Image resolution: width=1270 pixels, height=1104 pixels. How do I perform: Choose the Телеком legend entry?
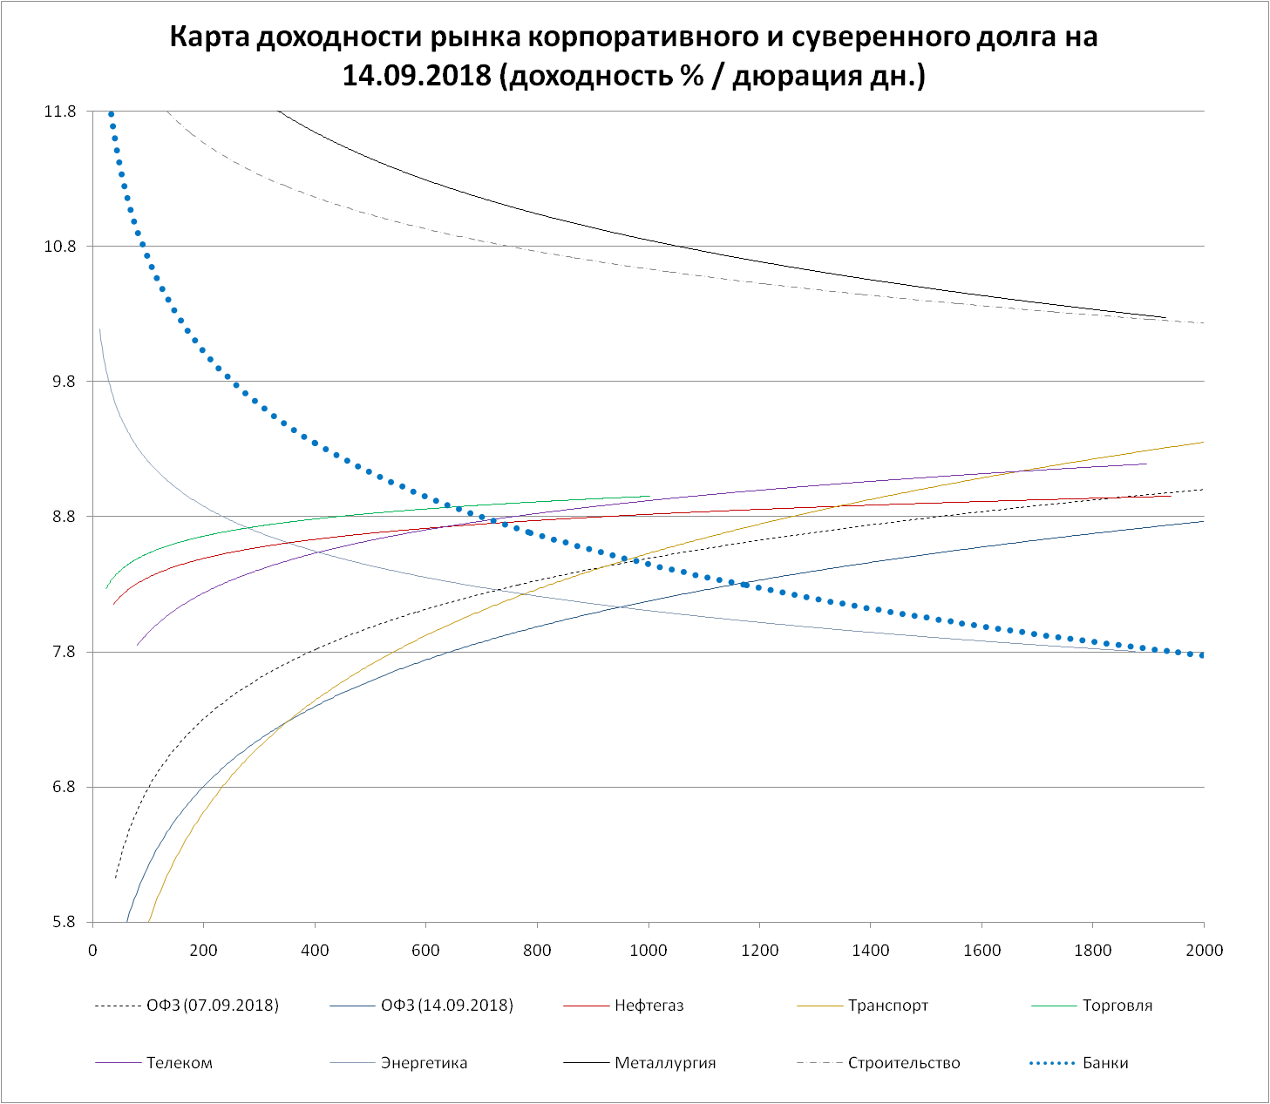pos(179,1063)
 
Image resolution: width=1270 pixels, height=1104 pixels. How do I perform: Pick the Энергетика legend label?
pos(424,1063)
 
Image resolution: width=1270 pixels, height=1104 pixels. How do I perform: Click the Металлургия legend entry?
pos(664,1063)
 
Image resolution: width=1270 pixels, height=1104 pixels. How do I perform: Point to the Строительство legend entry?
pos(903,1063)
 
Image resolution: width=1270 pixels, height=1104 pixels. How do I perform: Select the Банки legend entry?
pos(1104,1063)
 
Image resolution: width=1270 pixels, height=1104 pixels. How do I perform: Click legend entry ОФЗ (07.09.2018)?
pos(212,1006)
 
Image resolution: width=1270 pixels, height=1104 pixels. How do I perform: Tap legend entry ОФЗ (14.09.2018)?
pos(446,1006)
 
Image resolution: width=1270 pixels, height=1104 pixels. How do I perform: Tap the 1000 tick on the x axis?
pos(649,950)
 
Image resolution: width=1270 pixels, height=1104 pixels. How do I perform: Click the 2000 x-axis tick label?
pos(1204,950)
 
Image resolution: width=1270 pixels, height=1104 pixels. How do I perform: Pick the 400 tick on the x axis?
pos(315,950)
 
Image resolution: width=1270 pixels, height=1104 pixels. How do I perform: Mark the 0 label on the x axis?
pos(92,950)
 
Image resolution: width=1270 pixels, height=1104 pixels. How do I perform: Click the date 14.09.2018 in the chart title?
pos(418,76)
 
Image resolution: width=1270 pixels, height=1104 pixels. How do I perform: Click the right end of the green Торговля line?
pos(650,497)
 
